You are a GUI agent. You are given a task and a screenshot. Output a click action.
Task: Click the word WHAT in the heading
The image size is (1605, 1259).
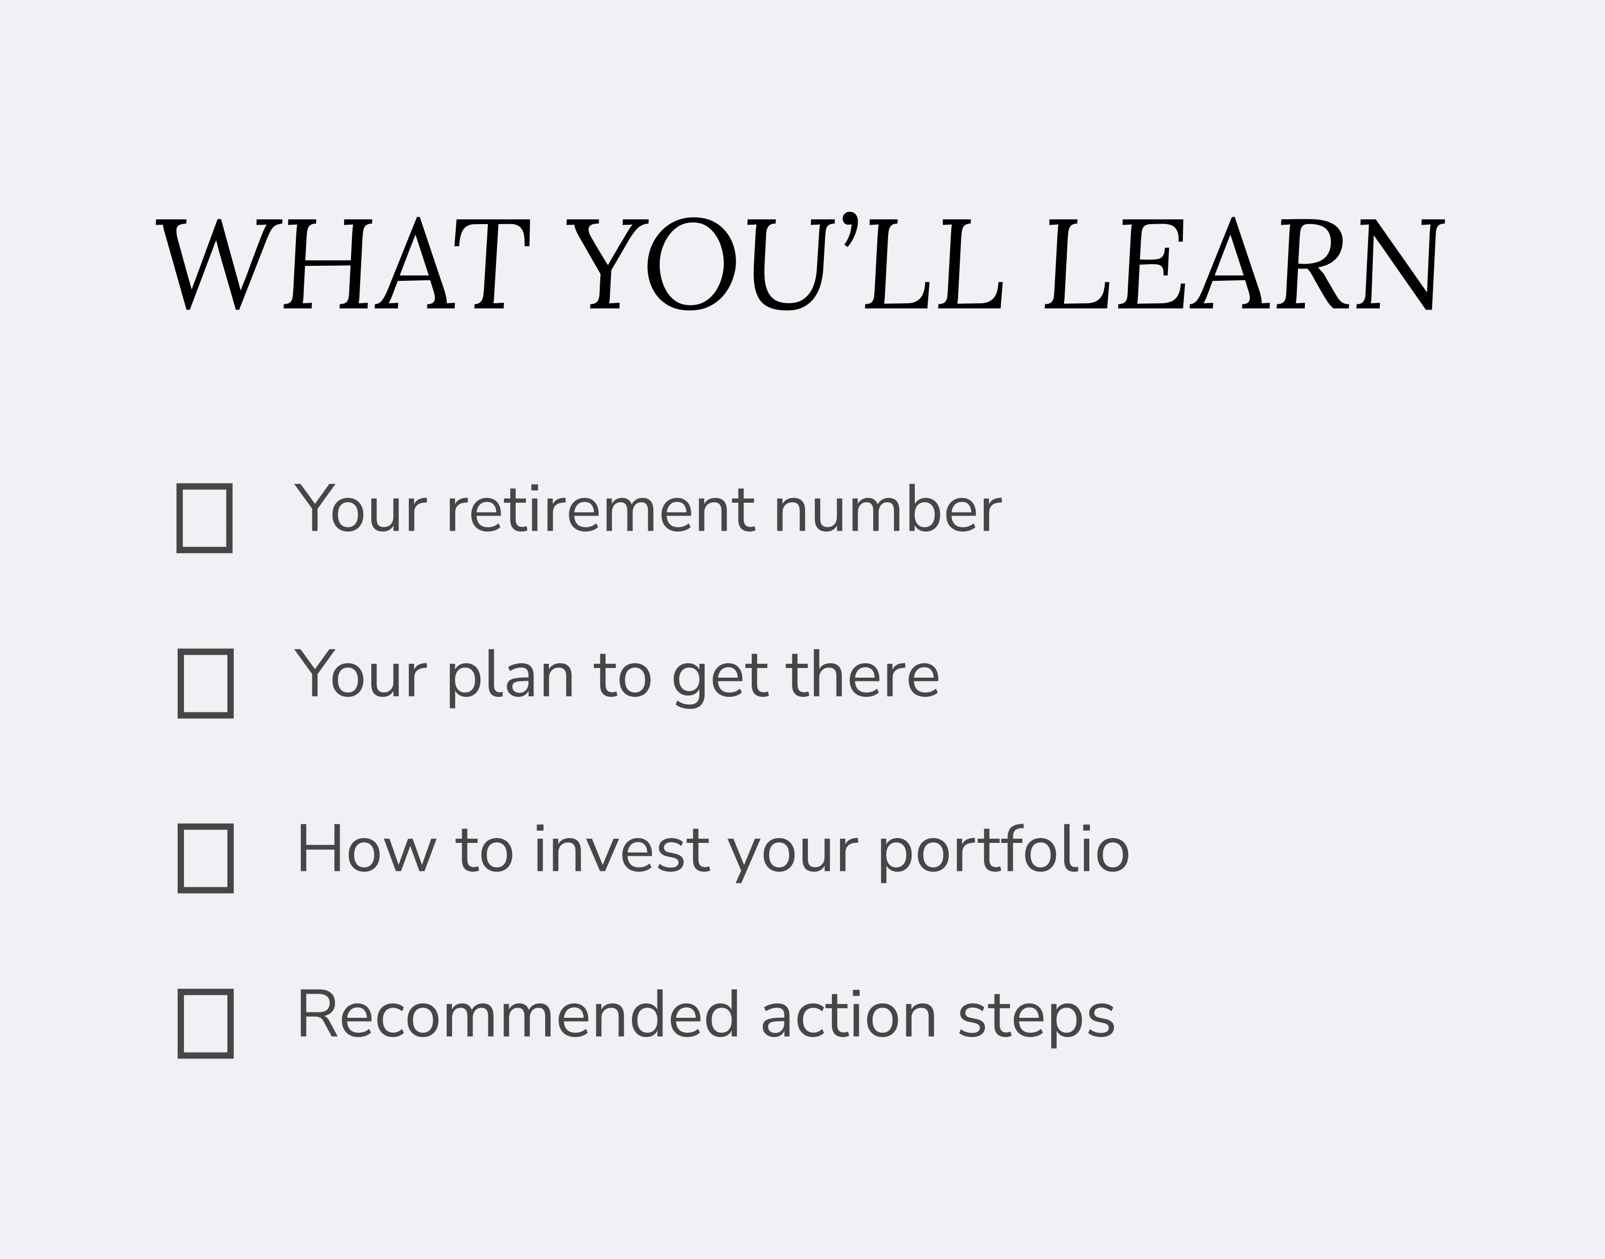click(343, 263)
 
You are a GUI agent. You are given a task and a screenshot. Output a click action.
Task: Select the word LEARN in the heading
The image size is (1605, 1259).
click(1244, 263)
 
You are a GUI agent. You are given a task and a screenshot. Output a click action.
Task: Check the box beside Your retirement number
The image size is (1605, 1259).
click(204, 518)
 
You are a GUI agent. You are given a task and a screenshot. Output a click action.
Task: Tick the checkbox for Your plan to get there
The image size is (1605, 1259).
click(205, 684)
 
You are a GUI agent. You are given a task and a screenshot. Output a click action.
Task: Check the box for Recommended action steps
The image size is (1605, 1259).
click(205, 1024)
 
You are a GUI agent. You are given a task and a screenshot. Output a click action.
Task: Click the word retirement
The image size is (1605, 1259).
click(601, 509)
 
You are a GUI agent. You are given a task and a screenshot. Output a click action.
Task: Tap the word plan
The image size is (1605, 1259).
click(510, 677)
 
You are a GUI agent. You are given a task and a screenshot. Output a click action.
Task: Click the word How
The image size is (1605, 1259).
click(367, 850)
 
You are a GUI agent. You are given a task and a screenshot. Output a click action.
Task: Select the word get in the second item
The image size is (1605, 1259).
click(720, 679)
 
